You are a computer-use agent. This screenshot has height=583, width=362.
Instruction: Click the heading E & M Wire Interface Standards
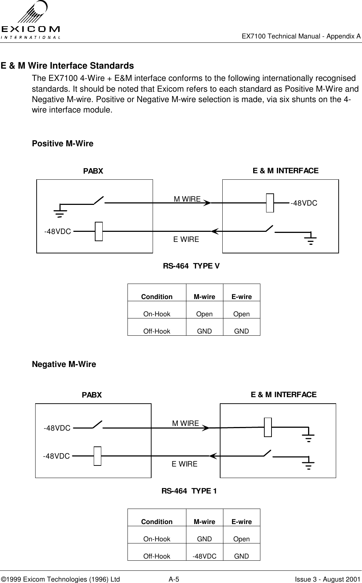pos(67,66)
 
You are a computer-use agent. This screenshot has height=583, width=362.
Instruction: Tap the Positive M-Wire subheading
pos(62,144)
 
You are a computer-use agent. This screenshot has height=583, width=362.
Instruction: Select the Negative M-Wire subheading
pos(64,364)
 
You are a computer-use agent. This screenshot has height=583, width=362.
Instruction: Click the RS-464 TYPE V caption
pos(191,266)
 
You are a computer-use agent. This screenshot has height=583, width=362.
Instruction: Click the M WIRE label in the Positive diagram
pos(187,199)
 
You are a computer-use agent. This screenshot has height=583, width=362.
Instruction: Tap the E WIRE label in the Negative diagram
pos(184,464)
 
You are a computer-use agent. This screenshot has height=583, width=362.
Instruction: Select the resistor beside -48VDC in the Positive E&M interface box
pos(270,203)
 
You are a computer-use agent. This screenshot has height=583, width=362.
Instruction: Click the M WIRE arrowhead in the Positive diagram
pos(207,203)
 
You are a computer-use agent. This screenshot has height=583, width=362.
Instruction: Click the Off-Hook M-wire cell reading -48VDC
pos(204,556)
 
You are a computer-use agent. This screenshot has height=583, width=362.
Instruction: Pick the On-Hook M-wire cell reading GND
pos(204,539)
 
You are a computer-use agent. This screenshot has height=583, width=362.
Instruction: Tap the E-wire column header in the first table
pos(241,297)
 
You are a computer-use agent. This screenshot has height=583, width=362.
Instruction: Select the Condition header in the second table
pos(157,522)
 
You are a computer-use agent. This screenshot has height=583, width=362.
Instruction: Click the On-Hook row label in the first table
pos(157,314)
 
